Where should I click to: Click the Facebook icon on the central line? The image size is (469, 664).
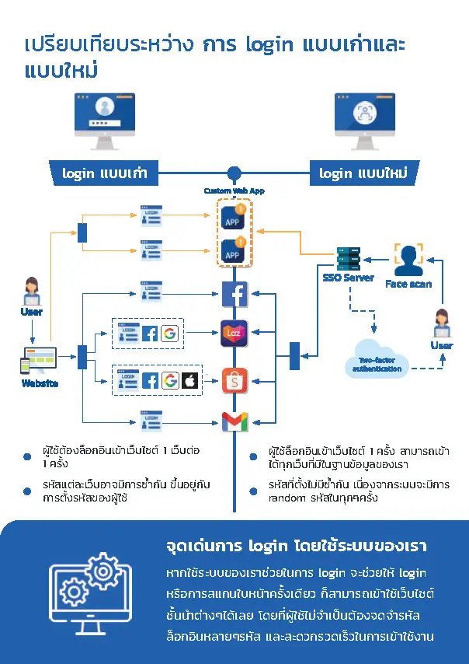pos(234,295)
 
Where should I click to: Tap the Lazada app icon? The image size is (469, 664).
pos(234,332)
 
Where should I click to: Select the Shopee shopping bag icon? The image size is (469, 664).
pos(234,380)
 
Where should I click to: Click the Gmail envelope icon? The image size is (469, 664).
pos(234,421)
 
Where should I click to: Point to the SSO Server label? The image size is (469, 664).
pos(349,278)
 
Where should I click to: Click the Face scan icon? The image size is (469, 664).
pos(408,260)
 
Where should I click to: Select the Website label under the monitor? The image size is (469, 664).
pos(37,383)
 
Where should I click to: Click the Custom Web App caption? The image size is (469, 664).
pos(234,190)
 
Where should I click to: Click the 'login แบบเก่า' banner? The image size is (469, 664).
pos(105,173)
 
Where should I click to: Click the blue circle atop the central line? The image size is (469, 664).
pos(234,173)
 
